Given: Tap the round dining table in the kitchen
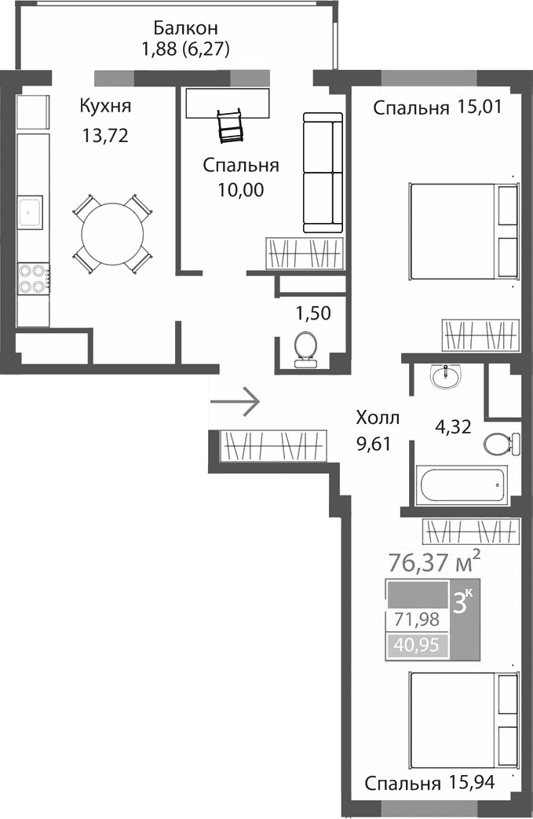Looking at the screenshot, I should (x=112, y=233).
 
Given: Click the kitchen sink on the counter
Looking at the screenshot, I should (x=31, y=210).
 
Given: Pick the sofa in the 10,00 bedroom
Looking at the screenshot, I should (x=323, y=173).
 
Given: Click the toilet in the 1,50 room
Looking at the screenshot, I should (x=304, y=349).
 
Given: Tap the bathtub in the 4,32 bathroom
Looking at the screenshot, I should (x=462, y=486).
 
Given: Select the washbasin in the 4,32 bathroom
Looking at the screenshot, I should (x=445, y=377).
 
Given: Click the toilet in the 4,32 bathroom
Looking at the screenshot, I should (x=499, y=444).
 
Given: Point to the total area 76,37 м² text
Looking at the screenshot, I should (x=434, y=562).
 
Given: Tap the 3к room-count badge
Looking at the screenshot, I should (x=463, y=602).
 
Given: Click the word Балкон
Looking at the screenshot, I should (x=184, y=27).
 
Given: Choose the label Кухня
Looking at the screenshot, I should (x=105, y=106).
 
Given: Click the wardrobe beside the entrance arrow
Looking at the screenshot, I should (x=273, y=447).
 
